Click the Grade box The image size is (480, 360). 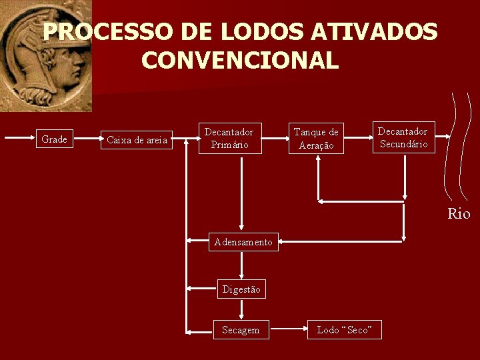54,139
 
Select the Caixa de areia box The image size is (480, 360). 137,140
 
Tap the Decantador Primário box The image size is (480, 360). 229,138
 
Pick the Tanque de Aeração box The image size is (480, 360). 316,139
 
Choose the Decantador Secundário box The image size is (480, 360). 403,137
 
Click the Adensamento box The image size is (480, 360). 243,242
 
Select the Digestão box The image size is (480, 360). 241,289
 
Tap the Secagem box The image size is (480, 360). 241,330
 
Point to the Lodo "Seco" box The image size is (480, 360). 345,330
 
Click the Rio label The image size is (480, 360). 459,214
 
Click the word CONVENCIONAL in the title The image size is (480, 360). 240,61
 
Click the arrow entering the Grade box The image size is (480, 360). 20,139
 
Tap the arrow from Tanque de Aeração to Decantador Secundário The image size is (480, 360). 359,139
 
